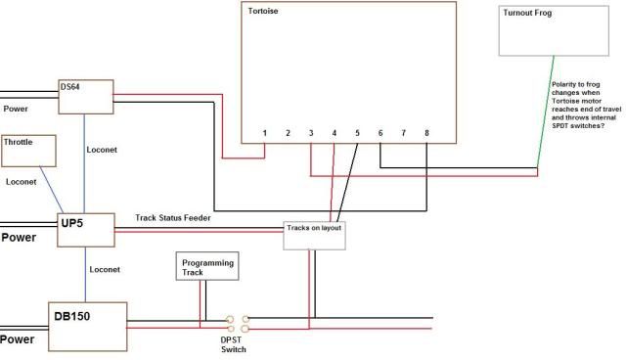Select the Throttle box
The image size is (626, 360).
(30, 151)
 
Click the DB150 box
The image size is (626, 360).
(88, 326)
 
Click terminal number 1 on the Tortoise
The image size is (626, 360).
(265, 132)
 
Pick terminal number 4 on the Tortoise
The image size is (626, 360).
(335, 132)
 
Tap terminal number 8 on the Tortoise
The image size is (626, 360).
(426, 132)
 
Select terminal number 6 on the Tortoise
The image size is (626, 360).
(380, 132)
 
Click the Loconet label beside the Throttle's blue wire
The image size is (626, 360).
(22, 182)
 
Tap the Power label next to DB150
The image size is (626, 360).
(18, 341)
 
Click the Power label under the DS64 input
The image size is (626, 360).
(16, 109)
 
